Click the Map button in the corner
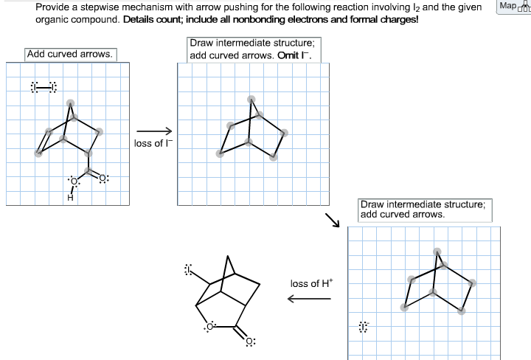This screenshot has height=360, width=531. click(510, 7)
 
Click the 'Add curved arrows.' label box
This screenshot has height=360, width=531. click(70, 54)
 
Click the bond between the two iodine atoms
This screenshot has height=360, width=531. click(44, 87)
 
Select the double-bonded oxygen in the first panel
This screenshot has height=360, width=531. click(103, 177)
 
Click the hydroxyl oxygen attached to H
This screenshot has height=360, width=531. click(72, 181)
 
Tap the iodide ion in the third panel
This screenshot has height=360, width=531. click(363, 325)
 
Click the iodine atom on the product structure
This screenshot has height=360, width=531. click(188, 270)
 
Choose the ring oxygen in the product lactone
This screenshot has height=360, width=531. click(210, 325)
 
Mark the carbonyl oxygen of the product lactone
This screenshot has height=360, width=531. click(251, 342)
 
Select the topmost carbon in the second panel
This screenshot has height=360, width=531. click(251, 100)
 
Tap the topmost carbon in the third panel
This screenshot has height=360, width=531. click(437, 252)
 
